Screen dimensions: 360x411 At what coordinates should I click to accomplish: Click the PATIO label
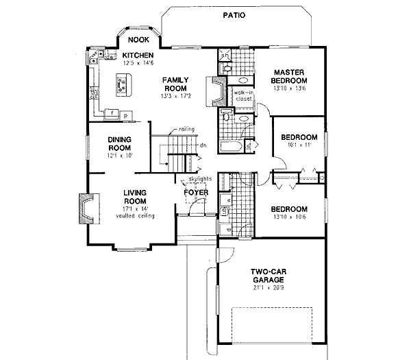click(x=234, y=14)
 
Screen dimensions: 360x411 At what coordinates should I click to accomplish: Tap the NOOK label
click(x=138, y=40)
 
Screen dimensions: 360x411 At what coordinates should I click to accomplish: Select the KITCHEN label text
click(x=138, y=56)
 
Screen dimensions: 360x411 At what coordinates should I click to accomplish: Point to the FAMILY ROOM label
click(x=175, y=84)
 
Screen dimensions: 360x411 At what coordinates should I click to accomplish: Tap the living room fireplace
click(x=86, y=208)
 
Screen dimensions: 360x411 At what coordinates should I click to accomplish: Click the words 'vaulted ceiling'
click(x=135, y=215)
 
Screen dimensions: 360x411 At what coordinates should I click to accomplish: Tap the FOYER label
click(x=195, y=193)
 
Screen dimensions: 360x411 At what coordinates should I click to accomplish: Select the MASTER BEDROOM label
click(x=292, y=77)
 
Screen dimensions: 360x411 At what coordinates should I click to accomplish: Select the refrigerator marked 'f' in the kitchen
click(x=112, y=111)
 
